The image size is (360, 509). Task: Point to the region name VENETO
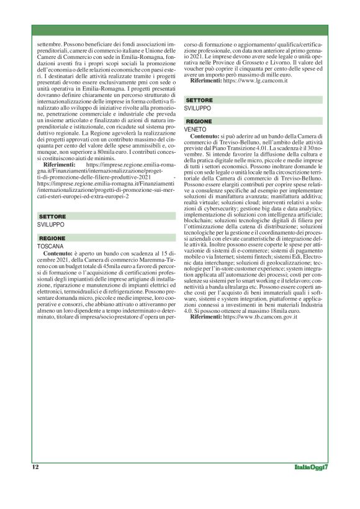click(x=196, y=128)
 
